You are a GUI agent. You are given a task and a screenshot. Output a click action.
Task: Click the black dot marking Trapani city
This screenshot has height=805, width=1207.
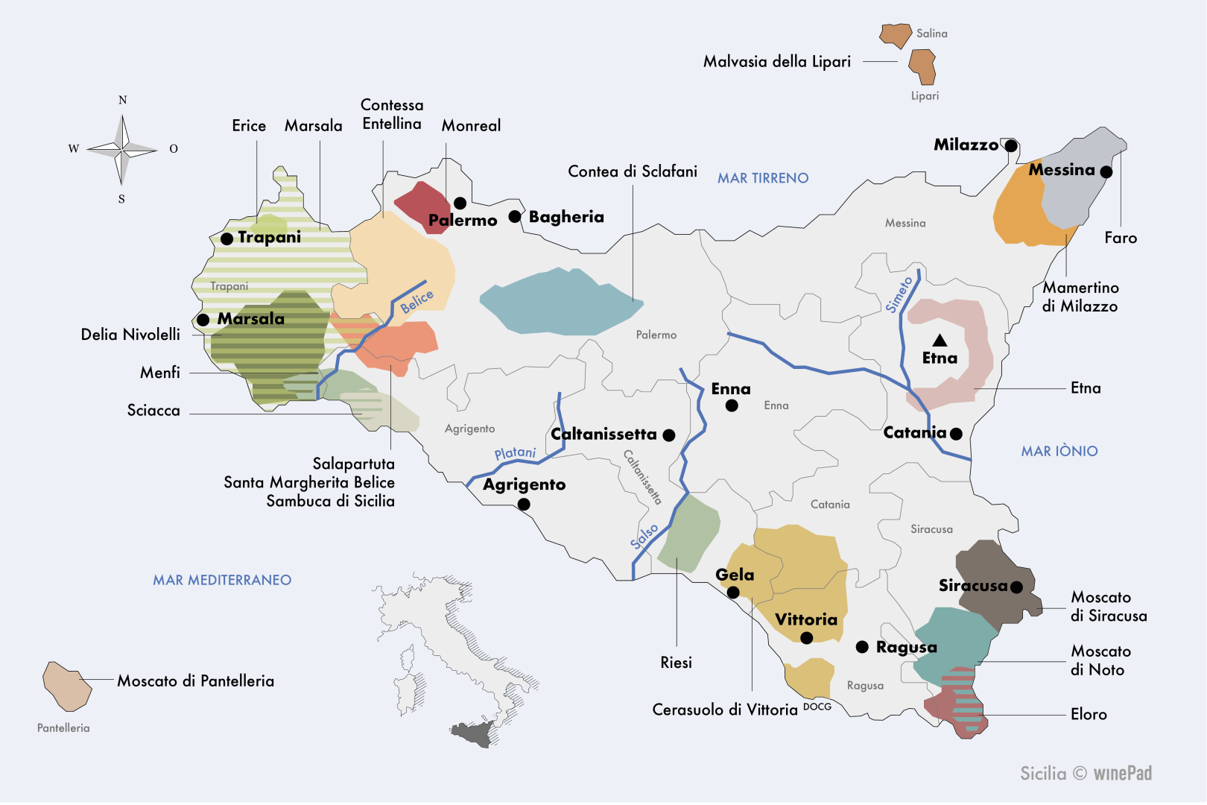click(x=227, y=239)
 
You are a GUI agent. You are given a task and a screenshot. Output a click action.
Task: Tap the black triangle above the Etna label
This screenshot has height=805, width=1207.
click(x=940, y=341)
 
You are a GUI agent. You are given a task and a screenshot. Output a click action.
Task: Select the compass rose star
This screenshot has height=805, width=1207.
click(x=122, y=150)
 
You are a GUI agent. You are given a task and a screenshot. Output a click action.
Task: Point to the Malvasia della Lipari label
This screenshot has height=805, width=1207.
click(x=776, y=62)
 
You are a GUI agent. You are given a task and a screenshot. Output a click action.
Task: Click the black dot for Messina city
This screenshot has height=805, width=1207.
click(x=1106, y=172)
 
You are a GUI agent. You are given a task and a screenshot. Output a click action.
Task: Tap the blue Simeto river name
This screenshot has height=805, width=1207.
click(x=899, y=294)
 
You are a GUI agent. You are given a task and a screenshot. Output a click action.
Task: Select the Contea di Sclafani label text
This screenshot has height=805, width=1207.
click(x=632, y=171)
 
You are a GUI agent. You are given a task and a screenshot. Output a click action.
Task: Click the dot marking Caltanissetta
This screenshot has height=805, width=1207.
click(x=669, y=435)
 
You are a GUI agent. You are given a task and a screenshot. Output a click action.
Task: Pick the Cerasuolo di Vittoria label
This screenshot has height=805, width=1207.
click(x=724, y=710)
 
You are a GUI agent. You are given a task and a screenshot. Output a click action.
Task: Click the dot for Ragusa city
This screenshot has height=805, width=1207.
click(x=862, y=647)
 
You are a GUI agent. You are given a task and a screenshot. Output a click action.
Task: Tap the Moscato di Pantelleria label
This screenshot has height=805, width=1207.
click(x=195, y=681)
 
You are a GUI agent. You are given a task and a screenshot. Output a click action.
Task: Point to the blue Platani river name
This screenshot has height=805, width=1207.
click(x=515, y=453)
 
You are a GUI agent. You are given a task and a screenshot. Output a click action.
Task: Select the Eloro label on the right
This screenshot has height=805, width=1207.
click(x=1088, y=714)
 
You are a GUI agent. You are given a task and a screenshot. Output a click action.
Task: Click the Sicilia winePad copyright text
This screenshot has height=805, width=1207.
click(x=1086, y=774)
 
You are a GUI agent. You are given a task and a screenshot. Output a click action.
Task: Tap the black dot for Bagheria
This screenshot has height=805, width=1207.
click(x=515, y=217)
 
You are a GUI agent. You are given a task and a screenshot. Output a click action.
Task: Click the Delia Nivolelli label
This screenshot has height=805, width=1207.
click(x=130, y=335)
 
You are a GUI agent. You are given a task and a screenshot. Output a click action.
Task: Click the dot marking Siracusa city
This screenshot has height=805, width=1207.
click(x=1016, y=587)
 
